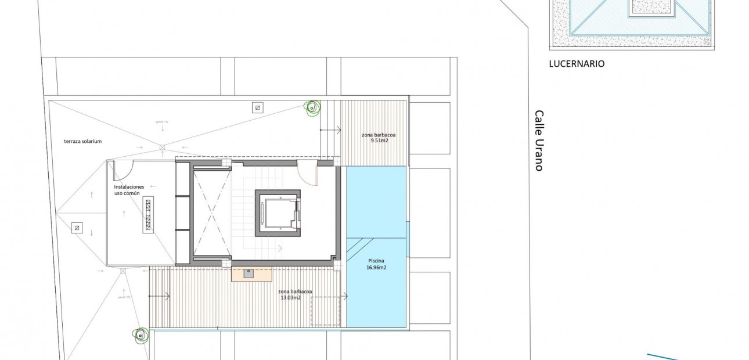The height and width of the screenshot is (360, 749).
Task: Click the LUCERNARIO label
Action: coord(577,64)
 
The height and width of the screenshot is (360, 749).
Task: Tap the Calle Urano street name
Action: coord(539,141)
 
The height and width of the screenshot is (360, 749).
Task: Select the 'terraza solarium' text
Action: coord(83,141)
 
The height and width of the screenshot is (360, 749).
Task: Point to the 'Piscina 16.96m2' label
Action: coord(376,264)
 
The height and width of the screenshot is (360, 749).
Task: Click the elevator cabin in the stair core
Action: coord(277,211)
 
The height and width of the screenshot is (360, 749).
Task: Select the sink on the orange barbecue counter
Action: coord(249,273)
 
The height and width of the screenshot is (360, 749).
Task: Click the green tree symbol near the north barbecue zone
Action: coord(312,107)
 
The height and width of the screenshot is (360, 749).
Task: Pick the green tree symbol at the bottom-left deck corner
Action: coord(140,334)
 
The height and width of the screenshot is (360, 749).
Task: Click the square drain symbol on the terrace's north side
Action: coord(257,107)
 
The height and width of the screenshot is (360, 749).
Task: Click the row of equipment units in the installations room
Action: coord(147,215)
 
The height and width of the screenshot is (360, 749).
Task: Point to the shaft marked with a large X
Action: coord(211,212)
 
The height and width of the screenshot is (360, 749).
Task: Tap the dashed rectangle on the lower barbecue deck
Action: coord(325,311)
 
